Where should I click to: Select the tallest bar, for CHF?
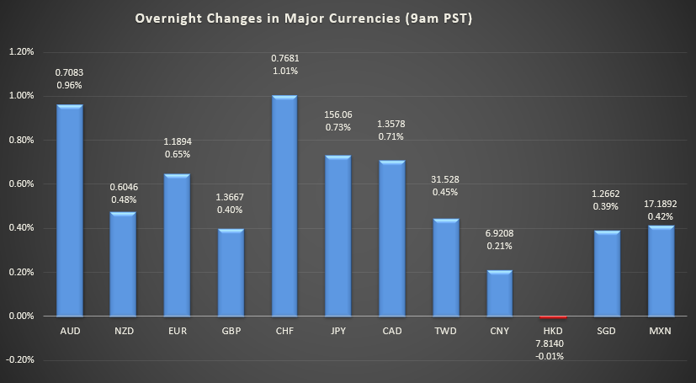284,206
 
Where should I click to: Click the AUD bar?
69,210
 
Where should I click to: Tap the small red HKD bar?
553,317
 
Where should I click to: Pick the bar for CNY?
499,293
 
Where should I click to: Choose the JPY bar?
338,236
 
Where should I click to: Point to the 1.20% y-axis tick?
21,51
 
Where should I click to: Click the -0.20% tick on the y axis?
20,359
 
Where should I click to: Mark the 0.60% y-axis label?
21,184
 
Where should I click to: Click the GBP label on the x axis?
231,331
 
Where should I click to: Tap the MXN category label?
661,331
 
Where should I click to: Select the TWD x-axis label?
445,331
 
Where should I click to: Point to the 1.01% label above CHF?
284,72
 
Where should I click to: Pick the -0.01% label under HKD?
553,356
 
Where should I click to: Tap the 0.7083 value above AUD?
69,72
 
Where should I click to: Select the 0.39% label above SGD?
607,206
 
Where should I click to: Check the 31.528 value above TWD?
445,178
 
